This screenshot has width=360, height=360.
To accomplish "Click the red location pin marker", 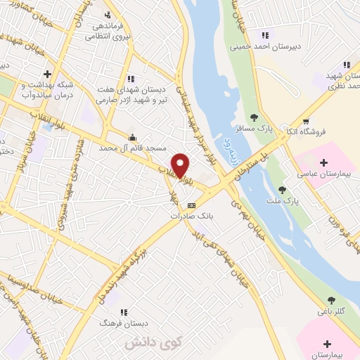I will (181, 165).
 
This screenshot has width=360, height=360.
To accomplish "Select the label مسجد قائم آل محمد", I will (133, 148).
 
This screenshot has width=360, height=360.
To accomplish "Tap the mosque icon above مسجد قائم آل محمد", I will (131, 137).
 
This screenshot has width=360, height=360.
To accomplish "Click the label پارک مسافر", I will (255, 129).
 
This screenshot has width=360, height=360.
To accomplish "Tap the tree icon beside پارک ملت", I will (282, 190).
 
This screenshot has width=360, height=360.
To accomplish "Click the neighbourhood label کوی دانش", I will (143, 344).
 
